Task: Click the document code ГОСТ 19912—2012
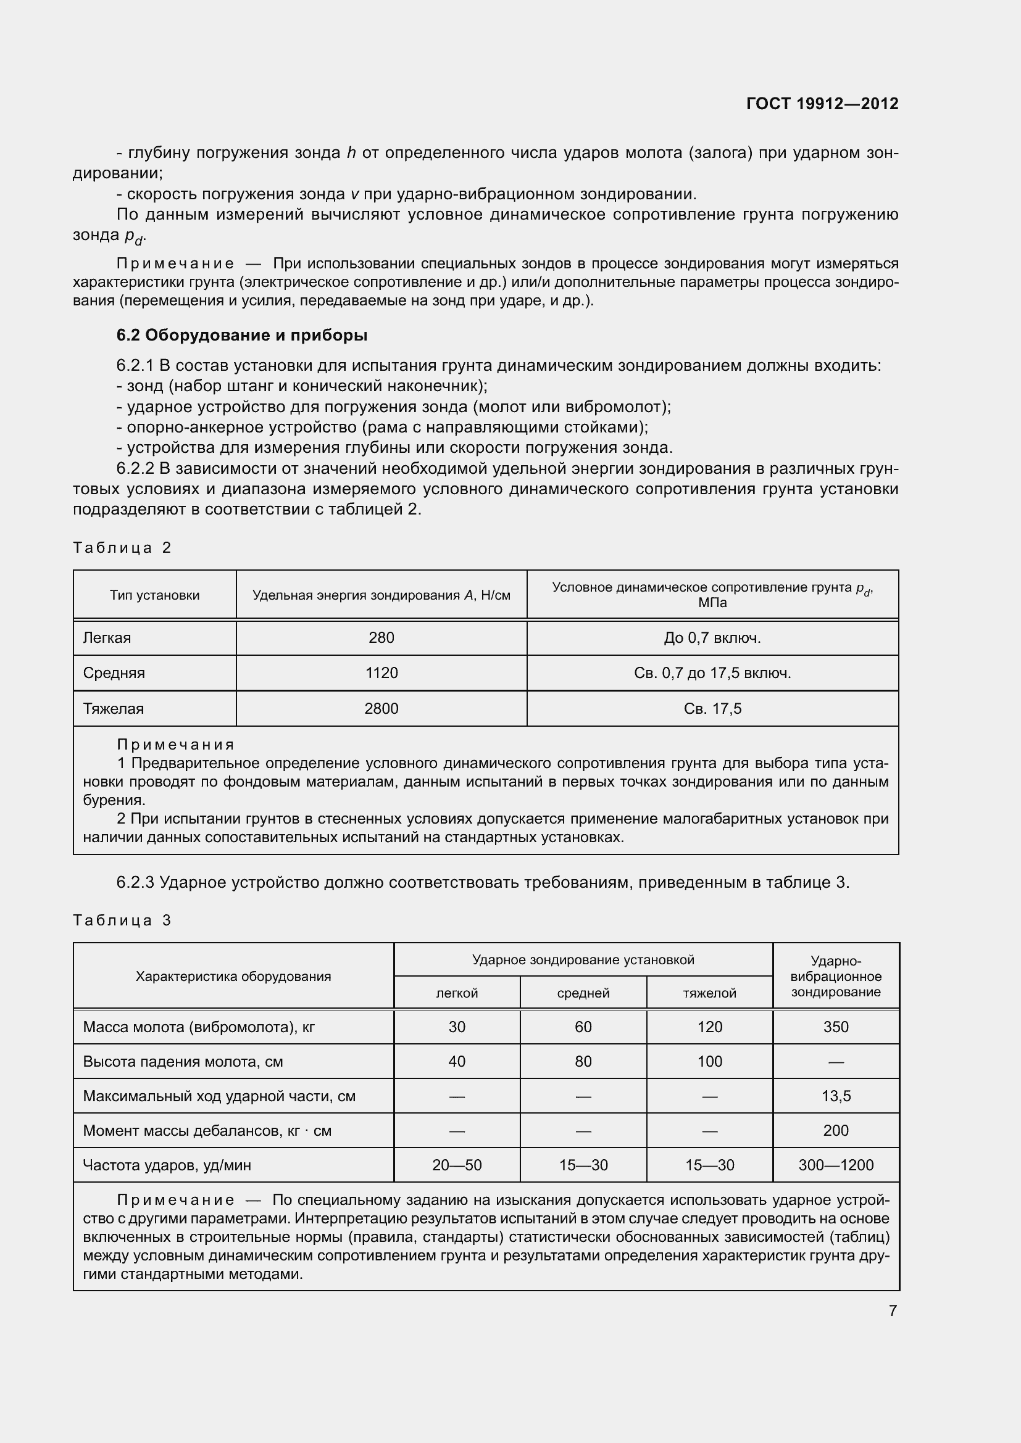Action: pyautogui.click(x=822, y=104)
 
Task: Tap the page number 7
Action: pyautogui.click(x=893, y=1310)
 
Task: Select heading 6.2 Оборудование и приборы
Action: pyautogui.click(x=241, y=335)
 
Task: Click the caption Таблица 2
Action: pyautogui.click(x=122, y=547)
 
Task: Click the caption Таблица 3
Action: pyautogui.click(x=122, y=920)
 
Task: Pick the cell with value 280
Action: pyautogui.click(x=381, y=638)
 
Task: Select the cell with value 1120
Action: pyautogui.click(x=381, y=673)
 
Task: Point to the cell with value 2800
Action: pyautogui.click(x=381, y=709)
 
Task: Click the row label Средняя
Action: pyautogui.click(x=114, y=673)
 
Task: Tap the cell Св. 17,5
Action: pyautogui.click(x=712, y=709)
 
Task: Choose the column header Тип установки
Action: pyautogui.click(x=155, y=595)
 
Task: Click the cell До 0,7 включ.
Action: pyautogui.click(x=712, y=638)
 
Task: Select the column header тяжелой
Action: pyautogui.click(x=709, y=993)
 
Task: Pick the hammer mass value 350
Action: pyautogui.click(x=836, y=1027)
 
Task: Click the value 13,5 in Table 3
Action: pyautogui.click(x=836, y=1096)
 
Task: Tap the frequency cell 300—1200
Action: pyautogui.click(x=836, y=1165)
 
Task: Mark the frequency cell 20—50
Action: pyautogui.click(x=456, y=1165)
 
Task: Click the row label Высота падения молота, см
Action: pyautogui.click(x=183, y=1062)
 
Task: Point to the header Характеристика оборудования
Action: pyautogui.click(x=233, y=976)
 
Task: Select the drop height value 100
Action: pyautogui.click(x=709, y=1062)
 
